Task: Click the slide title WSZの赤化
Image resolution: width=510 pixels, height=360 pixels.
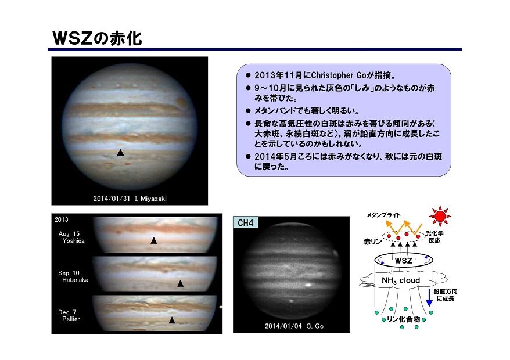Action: click(x=97, y=38)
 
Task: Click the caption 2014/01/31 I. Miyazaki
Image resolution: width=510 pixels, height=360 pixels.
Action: click(x=130, y=199)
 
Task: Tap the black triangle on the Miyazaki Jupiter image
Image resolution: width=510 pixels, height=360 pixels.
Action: click(x=120, y=153)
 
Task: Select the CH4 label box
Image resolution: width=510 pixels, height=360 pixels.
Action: click(x=246, y=223)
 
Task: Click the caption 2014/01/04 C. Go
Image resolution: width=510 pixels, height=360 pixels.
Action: click(x=294, y=326)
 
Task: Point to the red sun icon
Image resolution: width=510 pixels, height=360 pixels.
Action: click(x=440, y=216)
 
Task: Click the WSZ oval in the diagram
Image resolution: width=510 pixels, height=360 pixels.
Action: click(x=403, y=260)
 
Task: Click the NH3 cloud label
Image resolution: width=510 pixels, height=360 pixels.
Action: click(x=401, y=280)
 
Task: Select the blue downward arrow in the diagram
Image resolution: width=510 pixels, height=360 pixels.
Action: click(x=429, y=297)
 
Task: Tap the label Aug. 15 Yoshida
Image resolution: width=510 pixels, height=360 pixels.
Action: click(x=71, y=237)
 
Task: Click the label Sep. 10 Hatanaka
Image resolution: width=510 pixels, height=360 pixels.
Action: click(x=73, y=276)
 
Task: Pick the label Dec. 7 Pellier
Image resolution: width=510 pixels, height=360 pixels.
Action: click(x=69, y=315)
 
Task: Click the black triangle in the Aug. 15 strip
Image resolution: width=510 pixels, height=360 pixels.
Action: click(x=153, y=240)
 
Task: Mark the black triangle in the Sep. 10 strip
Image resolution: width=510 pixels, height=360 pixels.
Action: click(x=180, y=283)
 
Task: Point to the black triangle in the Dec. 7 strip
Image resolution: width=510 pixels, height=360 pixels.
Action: click(x=172, y=321)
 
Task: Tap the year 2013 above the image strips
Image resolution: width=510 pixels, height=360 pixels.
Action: click(x=62, y=219)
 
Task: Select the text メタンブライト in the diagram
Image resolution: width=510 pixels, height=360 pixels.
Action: click(x=383, y=215)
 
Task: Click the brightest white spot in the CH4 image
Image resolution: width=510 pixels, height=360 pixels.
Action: click(x=308, y=285)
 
